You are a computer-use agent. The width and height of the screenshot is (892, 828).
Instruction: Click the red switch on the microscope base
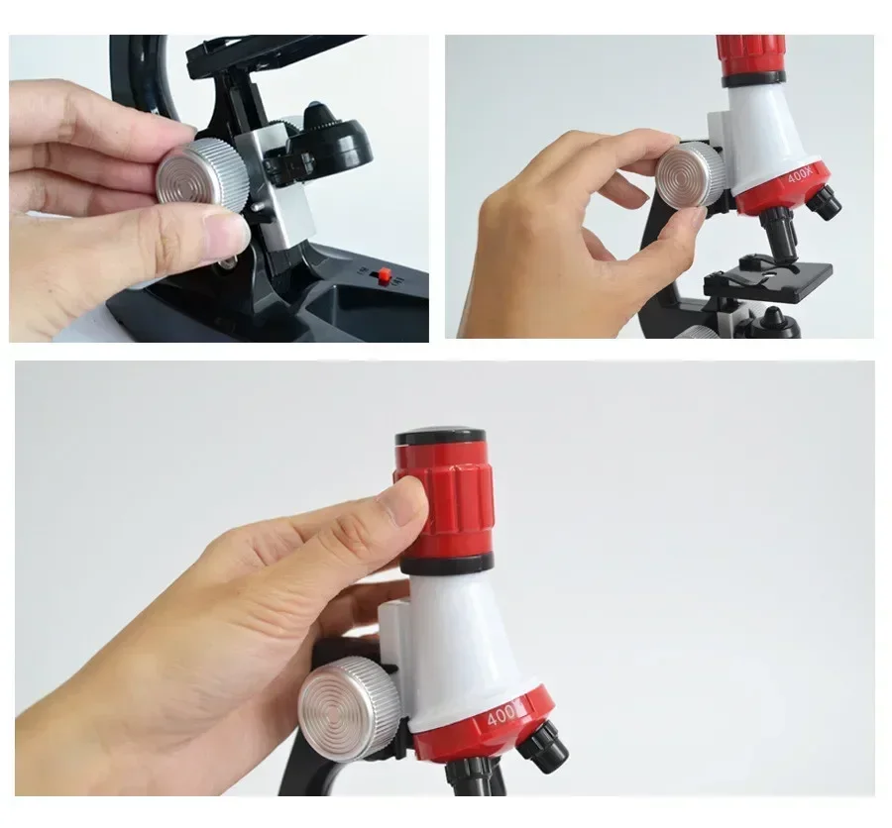point(385,275)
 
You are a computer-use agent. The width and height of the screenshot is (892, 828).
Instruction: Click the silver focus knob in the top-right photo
point(691,174)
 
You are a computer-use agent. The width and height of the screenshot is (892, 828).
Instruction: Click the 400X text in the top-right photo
point(802,174)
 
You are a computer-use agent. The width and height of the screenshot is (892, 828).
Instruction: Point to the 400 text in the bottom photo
point(502,716)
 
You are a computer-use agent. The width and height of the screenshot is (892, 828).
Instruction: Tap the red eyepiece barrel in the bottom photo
point(444,499)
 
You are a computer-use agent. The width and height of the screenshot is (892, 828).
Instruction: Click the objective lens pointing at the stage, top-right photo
point(781,232)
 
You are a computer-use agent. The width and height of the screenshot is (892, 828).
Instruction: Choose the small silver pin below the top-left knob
point(258,207)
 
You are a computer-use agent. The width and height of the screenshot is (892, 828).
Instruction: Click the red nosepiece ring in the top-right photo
point(782,187)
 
